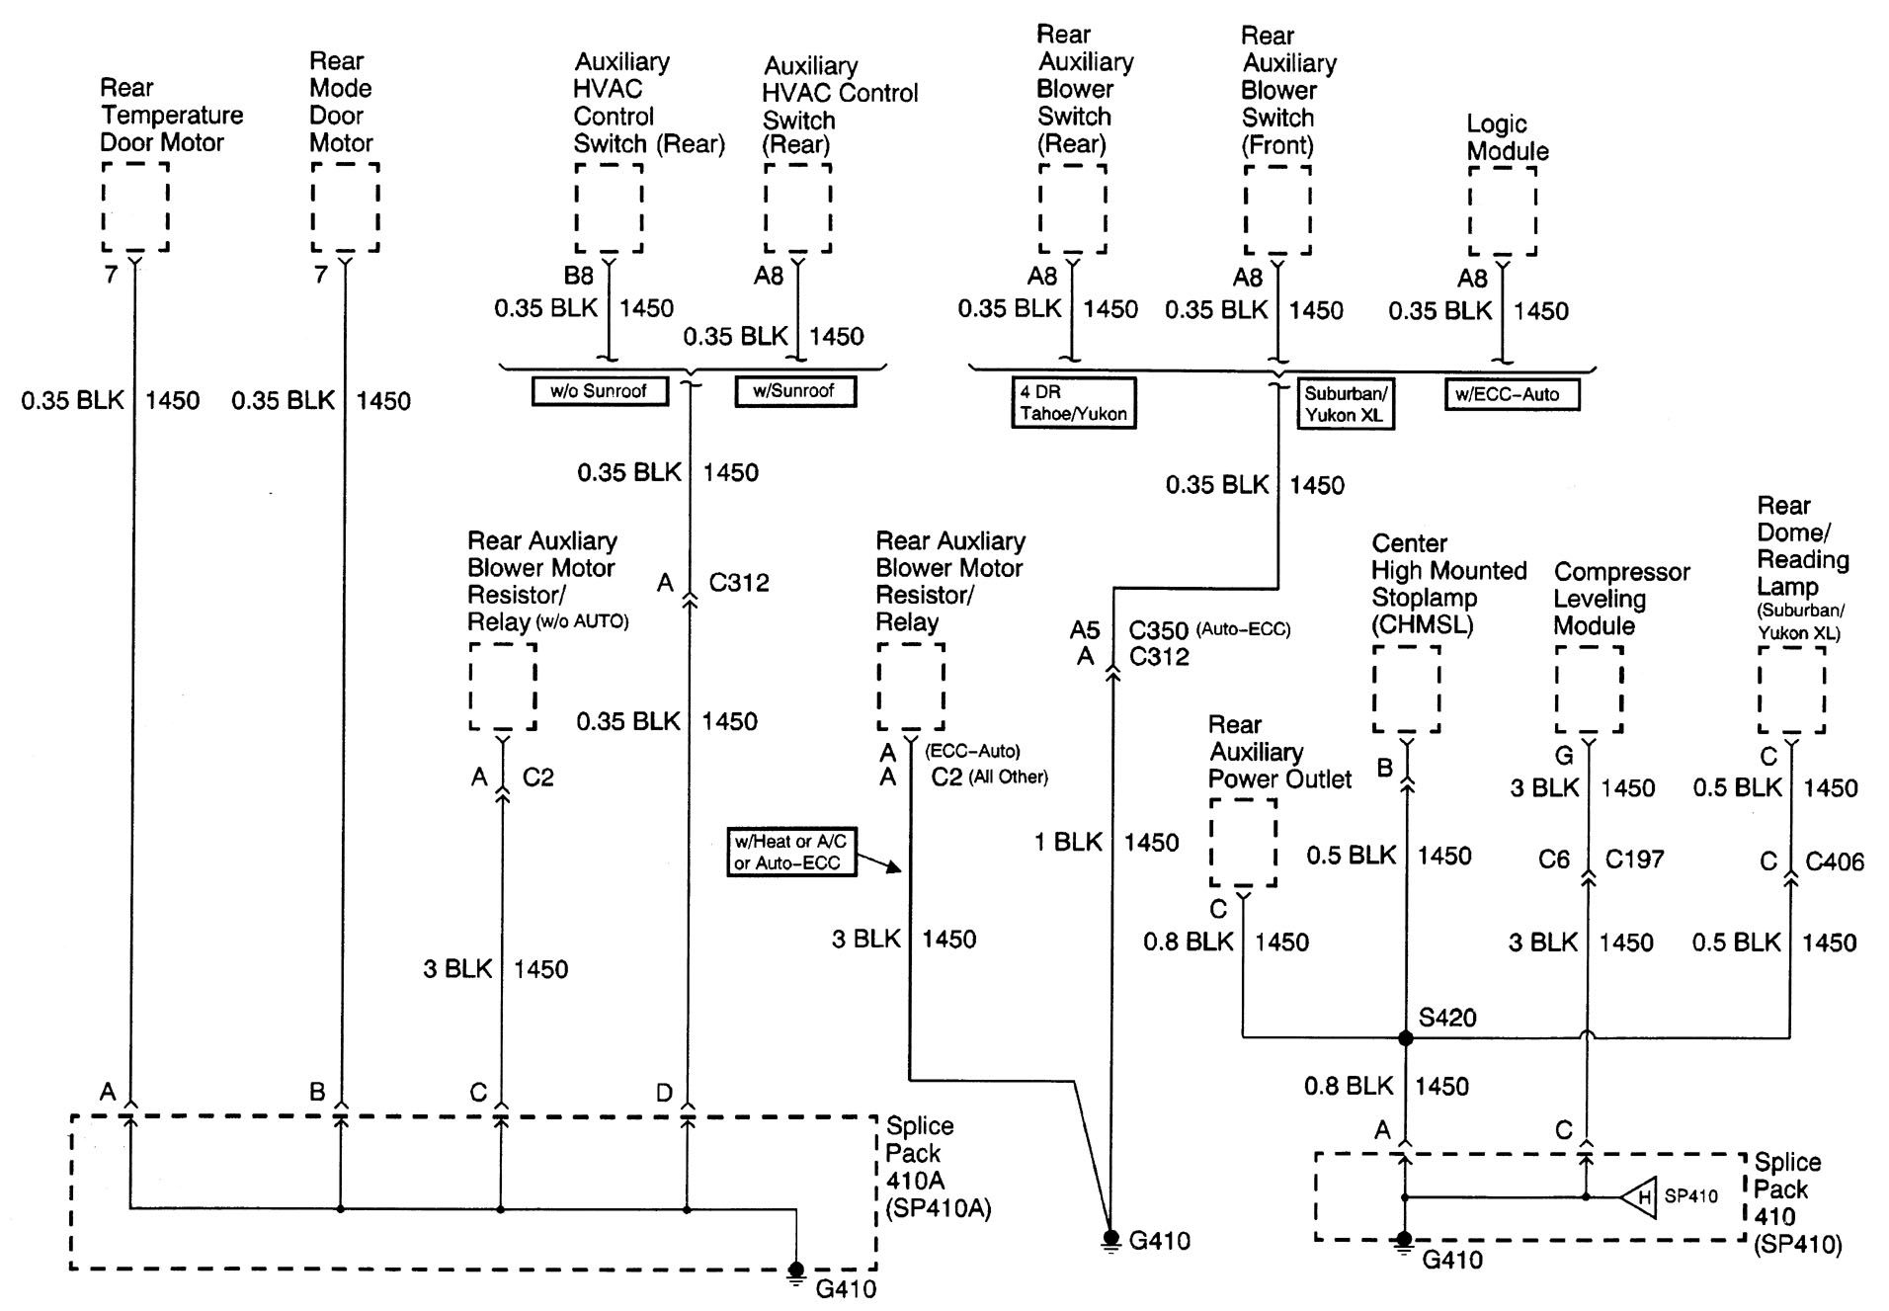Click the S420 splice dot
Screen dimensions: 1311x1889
pos(1405,1038)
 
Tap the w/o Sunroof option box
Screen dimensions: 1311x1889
pos(600,391)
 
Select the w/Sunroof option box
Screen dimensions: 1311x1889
pos(794,391)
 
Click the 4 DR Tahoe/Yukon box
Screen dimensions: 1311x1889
pos(1073,403)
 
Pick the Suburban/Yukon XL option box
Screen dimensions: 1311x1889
pos(1344,404)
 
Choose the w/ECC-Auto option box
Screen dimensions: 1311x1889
pos(1512,395)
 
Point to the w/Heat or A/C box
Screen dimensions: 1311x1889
pos(790,853)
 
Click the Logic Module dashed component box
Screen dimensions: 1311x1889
pos(1502,210)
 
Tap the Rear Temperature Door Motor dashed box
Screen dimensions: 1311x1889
pos(135,207)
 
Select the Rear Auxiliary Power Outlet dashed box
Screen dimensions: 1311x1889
pos(1243,843)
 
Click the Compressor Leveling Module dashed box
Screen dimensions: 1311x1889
pos(1589,690)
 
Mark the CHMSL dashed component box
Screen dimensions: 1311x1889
pos(1406,690)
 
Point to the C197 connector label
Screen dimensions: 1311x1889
pos(1634,860)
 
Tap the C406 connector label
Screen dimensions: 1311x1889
pos(1834,861)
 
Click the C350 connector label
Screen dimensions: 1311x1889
pos(1159,629)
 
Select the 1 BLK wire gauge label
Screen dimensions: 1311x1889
pos(1068,843)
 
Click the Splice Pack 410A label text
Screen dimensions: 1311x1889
pos(937,1167)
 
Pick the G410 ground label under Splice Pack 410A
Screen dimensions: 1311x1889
pos(846,1289)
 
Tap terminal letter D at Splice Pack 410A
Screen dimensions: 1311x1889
pos(664,1093)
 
